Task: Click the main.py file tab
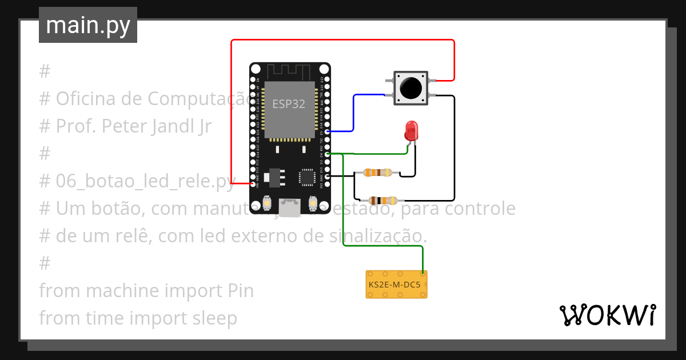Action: click(x=87, y=25)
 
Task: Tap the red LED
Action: click(x=410, y=131)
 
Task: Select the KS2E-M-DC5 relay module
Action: click(x=396, y=284)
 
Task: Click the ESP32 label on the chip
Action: click(x=289, y=104)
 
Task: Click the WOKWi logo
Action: click(x=607, y=315)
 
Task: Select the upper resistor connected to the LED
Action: click(x=378, y=173)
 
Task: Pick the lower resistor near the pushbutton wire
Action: click(x=382, y=200)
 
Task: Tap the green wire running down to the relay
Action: click(x=343, y=217)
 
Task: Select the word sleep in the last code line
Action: click(x=216, y=318)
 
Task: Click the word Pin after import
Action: click(x=237, y=291)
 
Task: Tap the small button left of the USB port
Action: click(x=268, y=203)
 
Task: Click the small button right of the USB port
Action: click(x=313, y=203)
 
